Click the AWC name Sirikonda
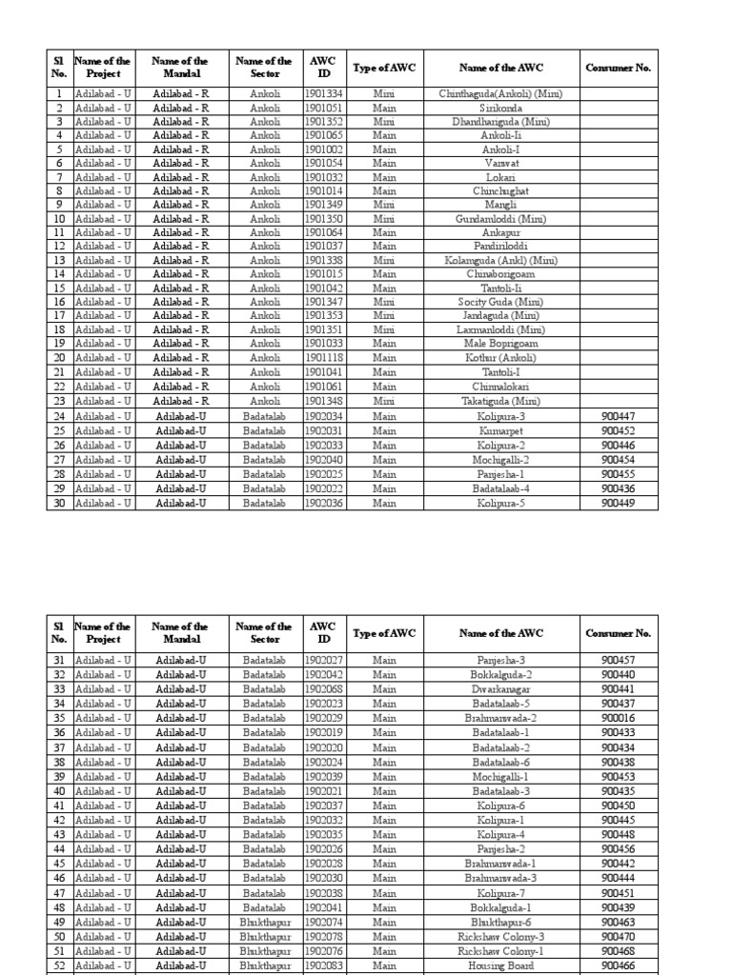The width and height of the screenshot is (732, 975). (x=501, y=109)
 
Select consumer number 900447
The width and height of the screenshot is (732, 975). (x=619, y=417)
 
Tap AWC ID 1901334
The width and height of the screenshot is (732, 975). (x=324, y=94)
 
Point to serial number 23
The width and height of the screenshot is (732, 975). (x=59, y=403)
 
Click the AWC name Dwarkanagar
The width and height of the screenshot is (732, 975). (x=501, y=688)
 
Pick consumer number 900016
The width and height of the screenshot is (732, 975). (x=619, y=717)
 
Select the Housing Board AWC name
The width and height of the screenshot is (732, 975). (x=501, y=965)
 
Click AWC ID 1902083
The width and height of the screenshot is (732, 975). (x=324, y=965)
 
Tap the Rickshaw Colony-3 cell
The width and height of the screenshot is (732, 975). (x=501, y=937)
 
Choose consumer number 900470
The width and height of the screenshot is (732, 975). (x=619, y=937)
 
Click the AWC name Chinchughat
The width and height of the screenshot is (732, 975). (x=501, y=190)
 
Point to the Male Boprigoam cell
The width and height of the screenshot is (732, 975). (x=501, y=343)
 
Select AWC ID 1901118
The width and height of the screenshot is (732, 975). (x=324, y=358)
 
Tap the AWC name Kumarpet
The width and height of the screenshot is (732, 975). (x=501, y=430)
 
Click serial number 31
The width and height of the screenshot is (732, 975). (x=59, y=660)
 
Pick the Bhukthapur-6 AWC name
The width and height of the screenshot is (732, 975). (x=501, y=923)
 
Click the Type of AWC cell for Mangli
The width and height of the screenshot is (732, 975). (x=384, y=205)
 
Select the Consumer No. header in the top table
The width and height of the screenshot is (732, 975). (x=619, y=68)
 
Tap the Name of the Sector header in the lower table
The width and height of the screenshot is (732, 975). (x=264, y=633)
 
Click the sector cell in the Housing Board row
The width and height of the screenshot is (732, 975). (x=264, y=965)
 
